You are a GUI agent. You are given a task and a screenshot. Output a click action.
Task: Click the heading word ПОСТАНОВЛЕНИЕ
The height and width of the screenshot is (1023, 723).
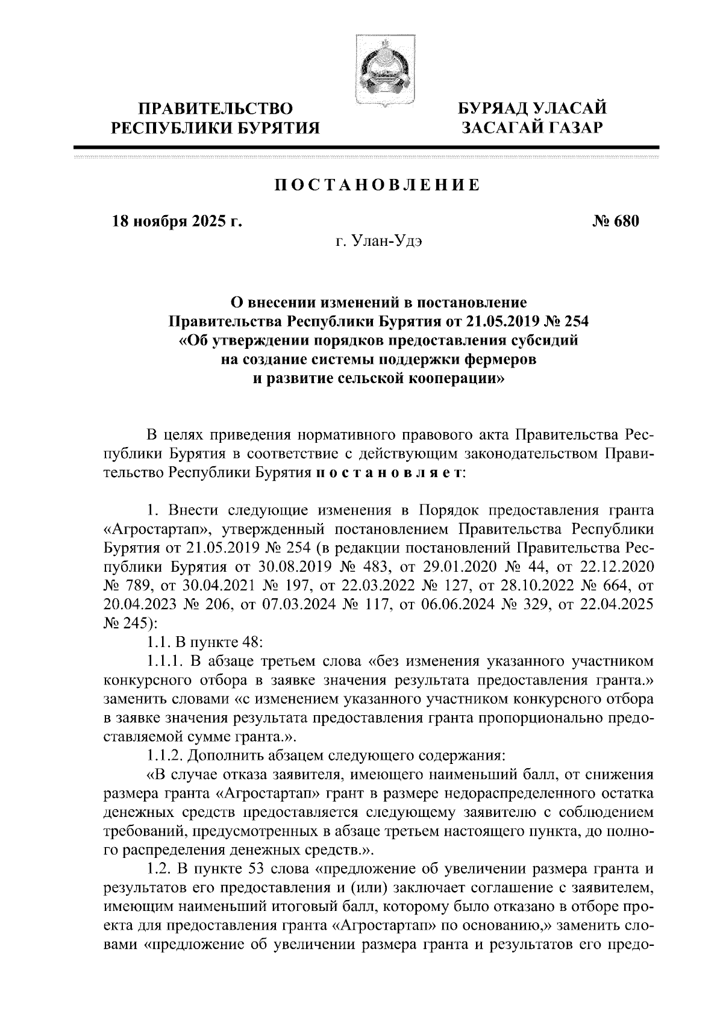coord(378,185)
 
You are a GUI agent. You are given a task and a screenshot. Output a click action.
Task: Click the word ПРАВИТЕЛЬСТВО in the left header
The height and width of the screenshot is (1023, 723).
coord(216,109)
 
